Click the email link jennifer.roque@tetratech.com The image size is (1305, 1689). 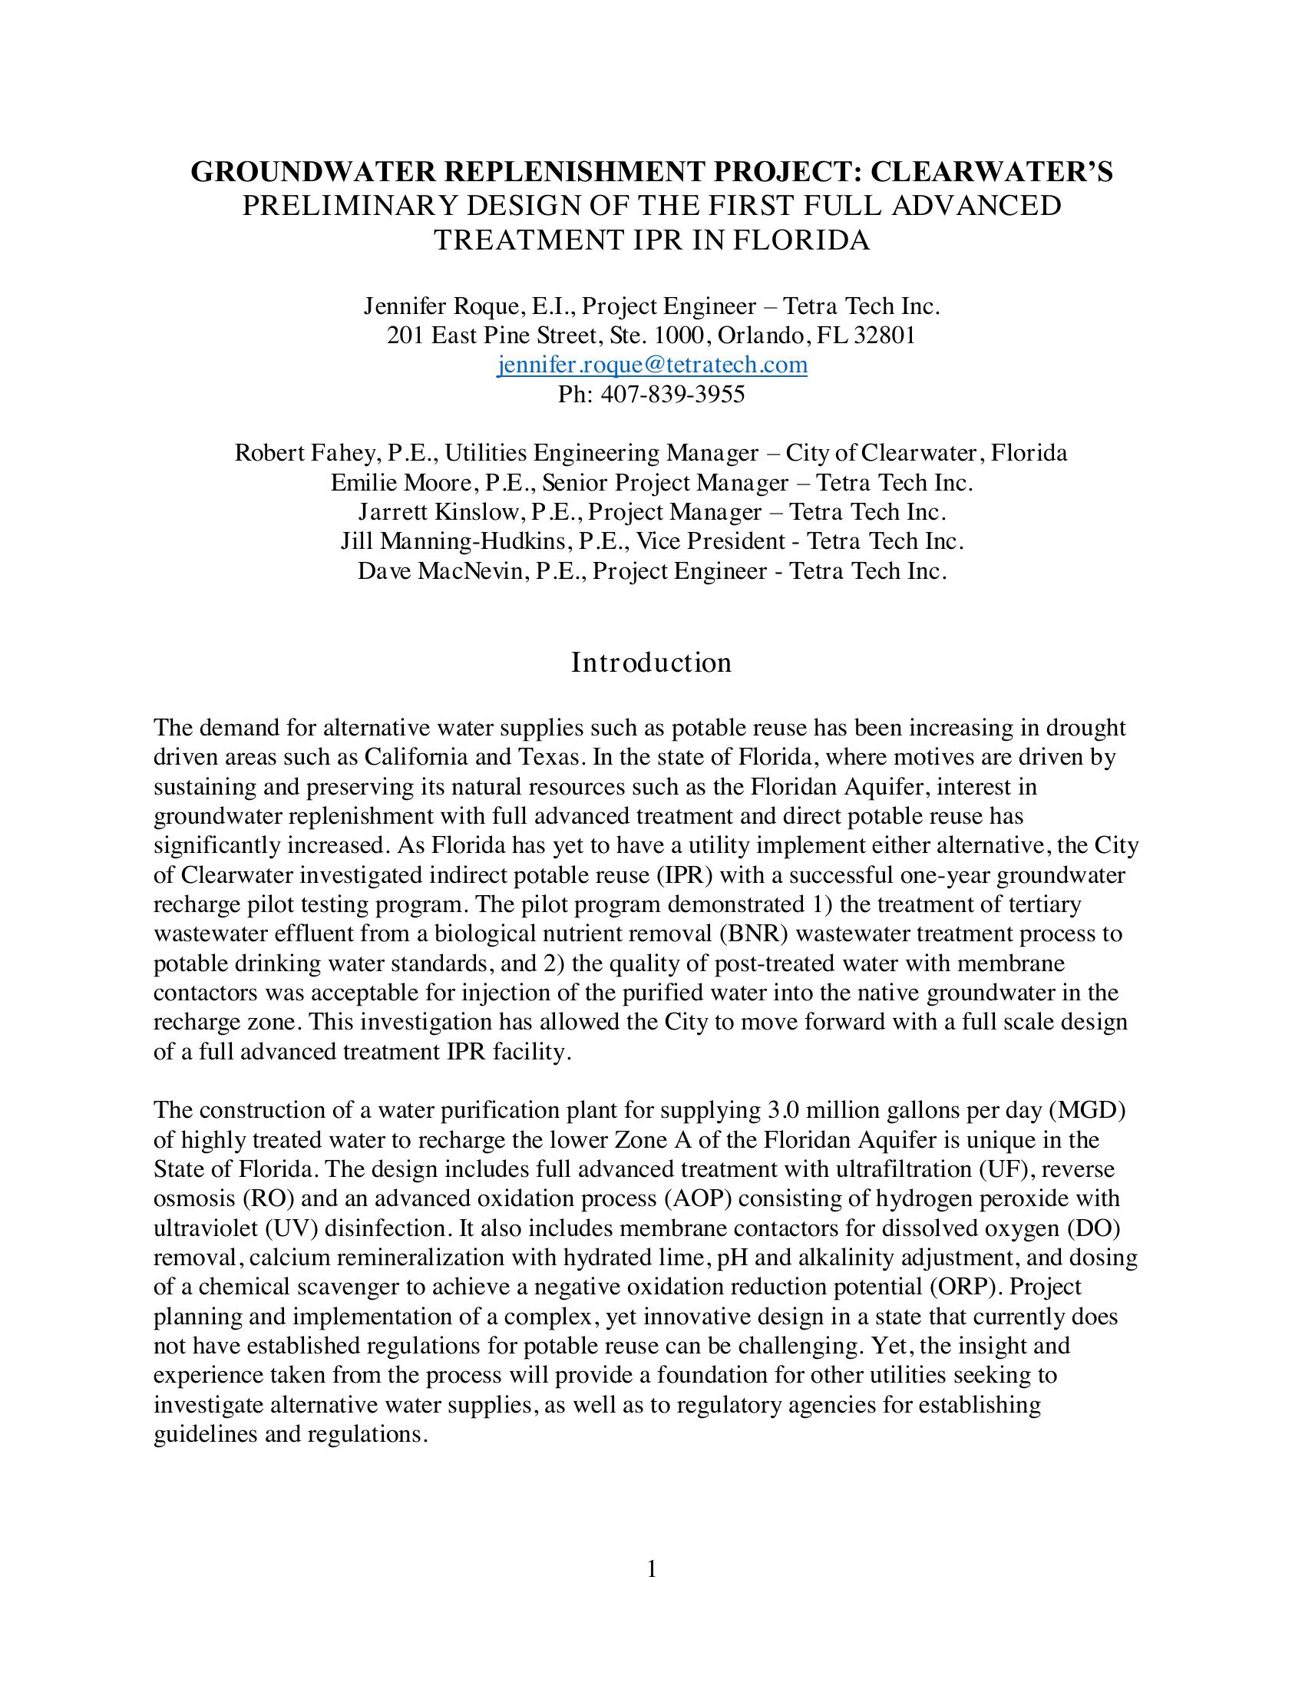[652, 365]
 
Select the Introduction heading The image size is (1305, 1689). [651, 663]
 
